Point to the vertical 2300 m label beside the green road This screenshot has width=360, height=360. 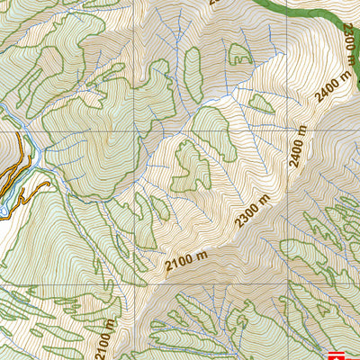[348, 41]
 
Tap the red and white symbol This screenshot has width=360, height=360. [338, 355]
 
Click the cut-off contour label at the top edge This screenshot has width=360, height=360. [214, 3]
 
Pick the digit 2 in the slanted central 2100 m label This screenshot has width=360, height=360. [170, 267]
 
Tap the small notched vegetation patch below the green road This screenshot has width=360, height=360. [238, 54]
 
